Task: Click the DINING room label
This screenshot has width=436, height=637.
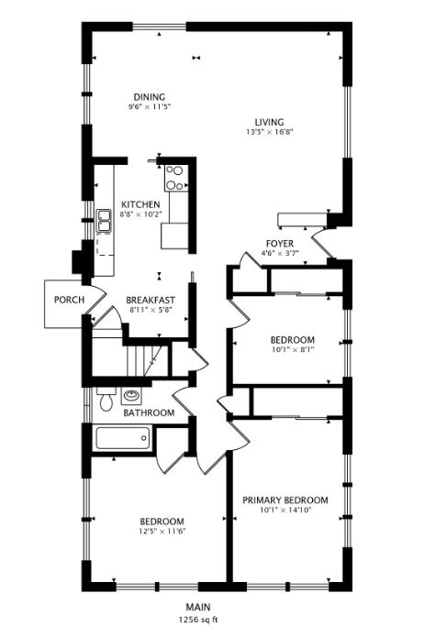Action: pyautogui.click(x=150, y=97)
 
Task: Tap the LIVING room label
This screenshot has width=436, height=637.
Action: pyautogui.click(x=269, y=122)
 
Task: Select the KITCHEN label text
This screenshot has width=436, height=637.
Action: pyautogui.click(x=140, y=204)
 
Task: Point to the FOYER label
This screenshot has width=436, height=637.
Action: pyautogui.click(x=280, y=244)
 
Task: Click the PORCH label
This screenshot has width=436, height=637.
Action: pyautogui.click(x=69, y=300)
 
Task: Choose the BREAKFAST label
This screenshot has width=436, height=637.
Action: pyautogui.click(x=151, y=301)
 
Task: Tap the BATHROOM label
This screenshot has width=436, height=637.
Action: pyautogui.click(x=149, y=412)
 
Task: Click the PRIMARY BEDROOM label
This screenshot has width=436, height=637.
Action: pyautogui.click(x=285, y=500)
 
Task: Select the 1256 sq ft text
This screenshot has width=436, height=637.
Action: pyautogui.click(x=198, y=620)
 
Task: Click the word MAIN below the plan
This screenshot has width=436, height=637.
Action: pyautogui.click(x=198, y=608)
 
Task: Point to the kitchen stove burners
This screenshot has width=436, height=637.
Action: pyautogui.click(x=175, y=179)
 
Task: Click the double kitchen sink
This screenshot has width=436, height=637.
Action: pyautogui.click(x=104, y=221)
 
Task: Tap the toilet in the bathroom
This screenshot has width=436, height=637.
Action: pyautogui.click(x=106, y=399)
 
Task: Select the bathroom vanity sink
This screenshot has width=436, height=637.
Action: pyautogui.click(x=131, y=396)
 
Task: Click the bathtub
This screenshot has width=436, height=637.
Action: pyautogui.click(x=123, y=438)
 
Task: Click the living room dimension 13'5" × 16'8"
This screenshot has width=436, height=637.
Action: pyautogui.click(x=269, y=132)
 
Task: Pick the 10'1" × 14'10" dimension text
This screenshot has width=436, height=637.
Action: pyautogui.click(x=285, y=510)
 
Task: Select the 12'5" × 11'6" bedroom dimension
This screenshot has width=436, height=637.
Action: pyautogui.click(x=162, y=531)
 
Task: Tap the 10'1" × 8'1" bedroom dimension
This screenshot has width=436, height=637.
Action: pyautogui.click(x=293, y=349)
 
